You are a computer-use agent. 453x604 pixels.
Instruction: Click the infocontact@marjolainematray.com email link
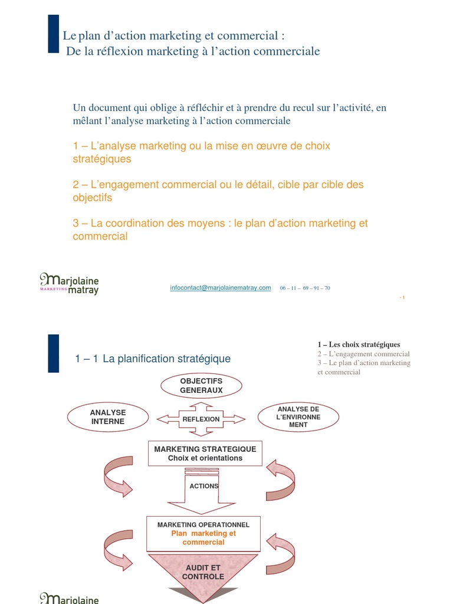pyautogui.click(x=220, y=288)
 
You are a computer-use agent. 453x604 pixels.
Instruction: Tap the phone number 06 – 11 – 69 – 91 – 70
pyautogui.click(x=305, y=288)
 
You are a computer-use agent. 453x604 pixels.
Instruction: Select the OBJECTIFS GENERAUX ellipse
pyautogui.click(x=201, y=386)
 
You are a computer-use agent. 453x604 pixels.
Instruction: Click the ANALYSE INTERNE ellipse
pyautogui.click(x=107, y=417)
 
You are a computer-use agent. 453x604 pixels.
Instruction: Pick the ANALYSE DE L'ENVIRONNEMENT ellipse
pyautogui.click(x=298, y=417)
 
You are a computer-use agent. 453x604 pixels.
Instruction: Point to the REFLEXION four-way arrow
pyautogui.click(x=201, y=419)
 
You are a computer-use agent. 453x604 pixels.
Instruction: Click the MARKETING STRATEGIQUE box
pyautogui.click(x=205, y=453)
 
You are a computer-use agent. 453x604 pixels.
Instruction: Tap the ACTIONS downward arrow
pyautogui.click(x=203, y=489)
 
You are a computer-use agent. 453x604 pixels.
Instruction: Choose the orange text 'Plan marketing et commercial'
pyautogui.click(x=203, y=537)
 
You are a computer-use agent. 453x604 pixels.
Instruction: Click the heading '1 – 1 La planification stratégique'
pyautogui.click(x=153, y=359)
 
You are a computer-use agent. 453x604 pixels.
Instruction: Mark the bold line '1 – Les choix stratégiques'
pyautogui.click(x=359, y=344)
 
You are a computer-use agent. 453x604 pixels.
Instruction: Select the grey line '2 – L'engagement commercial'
pyautogui.click(x=363, y=354)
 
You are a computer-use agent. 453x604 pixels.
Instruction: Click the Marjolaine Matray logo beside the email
pyautogui.click(x=69, y=284)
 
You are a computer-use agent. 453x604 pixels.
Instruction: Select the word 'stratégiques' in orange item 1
pyautogui.click(x=101, y=159)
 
